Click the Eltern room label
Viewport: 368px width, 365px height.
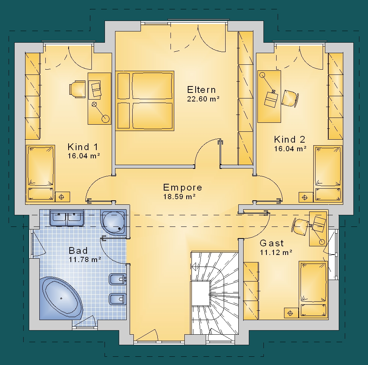[x=201, y=90]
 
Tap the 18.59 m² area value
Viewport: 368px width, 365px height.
[x=180, y=197]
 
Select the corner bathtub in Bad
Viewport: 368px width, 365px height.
[x=61, y=298]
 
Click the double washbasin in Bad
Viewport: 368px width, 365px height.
[x=67, y=218]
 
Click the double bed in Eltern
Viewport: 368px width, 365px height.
[x=145, y=101]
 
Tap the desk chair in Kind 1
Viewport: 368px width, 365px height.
[x=78, y=89]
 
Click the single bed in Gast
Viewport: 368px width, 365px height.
[x=313, y=290]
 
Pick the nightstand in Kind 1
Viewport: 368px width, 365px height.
[x=63, y=197]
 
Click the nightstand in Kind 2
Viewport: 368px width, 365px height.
[x=305, y=197]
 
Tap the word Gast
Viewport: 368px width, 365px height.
[x=272, y=243]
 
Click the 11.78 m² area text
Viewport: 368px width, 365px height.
[x=85, y=259]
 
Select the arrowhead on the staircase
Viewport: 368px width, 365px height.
[x=194, y=267]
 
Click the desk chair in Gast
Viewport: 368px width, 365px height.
[x=299, y=226]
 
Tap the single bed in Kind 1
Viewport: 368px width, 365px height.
[x=40, y=173]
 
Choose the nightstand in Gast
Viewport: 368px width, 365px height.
[x=291, y=313]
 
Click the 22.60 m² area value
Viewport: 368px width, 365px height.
[x=203, y=99]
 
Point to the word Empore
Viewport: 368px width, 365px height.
[x=183, y=188]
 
